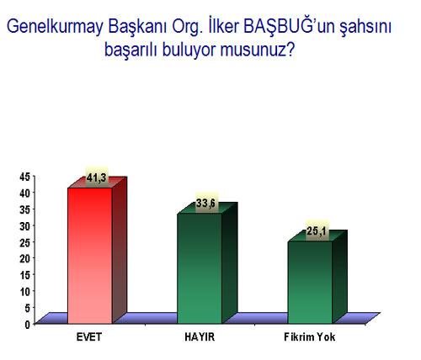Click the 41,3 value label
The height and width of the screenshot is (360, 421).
[97, 177]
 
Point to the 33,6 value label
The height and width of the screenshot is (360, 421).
[205, 204]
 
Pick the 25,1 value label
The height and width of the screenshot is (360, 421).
[316, 231]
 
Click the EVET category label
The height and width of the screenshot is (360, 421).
[89, 336]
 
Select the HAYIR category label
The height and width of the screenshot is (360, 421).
[200, 336]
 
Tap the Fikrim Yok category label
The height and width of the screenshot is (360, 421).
[310, 336]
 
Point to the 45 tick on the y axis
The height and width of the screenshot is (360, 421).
[24, 177]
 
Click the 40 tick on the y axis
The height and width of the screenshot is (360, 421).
[24, 193]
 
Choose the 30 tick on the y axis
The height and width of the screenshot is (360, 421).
[24, 226]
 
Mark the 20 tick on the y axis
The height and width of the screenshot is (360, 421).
[24, 259]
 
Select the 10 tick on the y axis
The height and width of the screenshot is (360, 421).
[24, 292]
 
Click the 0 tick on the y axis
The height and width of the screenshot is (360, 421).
[27, 325]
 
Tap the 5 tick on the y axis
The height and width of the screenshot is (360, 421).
[27, 309]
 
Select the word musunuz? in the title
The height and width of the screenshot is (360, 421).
[258, 50]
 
